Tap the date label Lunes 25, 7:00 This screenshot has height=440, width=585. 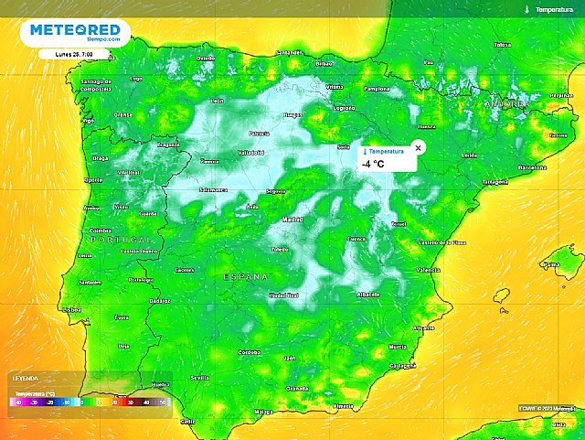pos(79,54)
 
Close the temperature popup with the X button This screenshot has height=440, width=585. pos(419,147)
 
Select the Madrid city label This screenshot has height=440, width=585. pos(292,220)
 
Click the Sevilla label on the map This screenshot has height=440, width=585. pos(201,377)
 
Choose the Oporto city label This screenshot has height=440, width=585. pos(94,180)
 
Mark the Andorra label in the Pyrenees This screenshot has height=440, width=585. pos(507,105)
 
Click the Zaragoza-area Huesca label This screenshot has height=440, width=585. pos(426,126)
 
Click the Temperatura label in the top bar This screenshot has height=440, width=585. pos(554,8)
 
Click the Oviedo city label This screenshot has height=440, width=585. pos(205,58)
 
